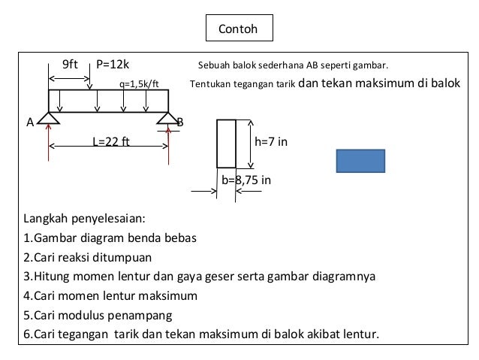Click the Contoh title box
tap(239, 29)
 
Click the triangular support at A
tap(49, 116)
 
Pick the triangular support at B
tap(168, 116)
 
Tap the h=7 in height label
tap(271, 141)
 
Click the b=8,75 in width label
tap(246, 180)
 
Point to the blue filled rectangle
tap(360, 161)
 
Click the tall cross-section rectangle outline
tap(227, 143)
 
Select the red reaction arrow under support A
tap(49, 143)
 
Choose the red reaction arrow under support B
tap(169, 143)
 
